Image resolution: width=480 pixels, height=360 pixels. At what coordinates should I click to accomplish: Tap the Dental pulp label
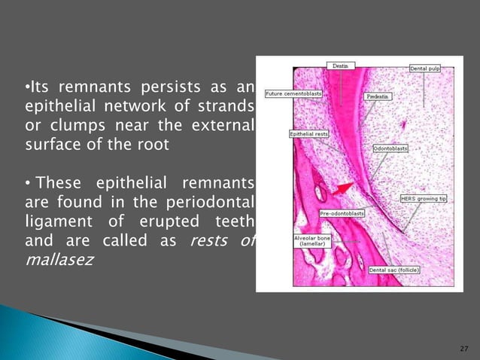point(424,69)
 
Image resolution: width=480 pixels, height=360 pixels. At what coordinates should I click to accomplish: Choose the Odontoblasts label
point(390,148)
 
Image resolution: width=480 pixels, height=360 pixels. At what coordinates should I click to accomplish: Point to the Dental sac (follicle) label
point(394,269)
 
